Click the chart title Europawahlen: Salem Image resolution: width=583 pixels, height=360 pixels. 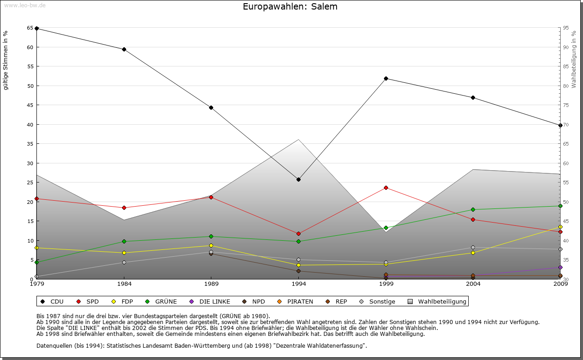290,7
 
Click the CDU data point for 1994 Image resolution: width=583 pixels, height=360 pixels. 298,179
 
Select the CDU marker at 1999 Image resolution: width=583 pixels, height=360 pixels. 386,78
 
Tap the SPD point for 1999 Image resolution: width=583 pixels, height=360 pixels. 386,188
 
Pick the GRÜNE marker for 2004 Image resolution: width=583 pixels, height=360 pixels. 473,209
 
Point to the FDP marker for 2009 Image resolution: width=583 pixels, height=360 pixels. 560,227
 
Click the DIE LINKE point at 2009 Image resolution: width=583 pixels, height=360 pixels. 560,267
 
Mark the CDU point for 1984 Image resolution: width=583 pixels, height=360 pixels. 124,49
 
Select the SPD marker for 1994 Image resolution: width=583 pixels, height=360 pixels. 298,233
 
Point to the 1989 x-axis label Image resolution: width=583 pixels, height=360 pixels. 211,284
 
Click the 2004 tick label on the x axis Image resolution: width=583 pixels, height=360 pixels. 473,284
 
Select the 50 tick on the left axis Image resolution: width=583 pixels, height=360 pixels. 30,86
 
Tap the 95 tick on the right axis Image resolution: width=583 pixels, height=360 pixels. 566,28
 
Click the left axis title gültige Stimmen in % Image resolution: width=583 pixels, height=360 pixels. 6,60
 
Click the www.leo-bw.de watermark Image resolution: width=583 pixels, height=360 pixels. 24,5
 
